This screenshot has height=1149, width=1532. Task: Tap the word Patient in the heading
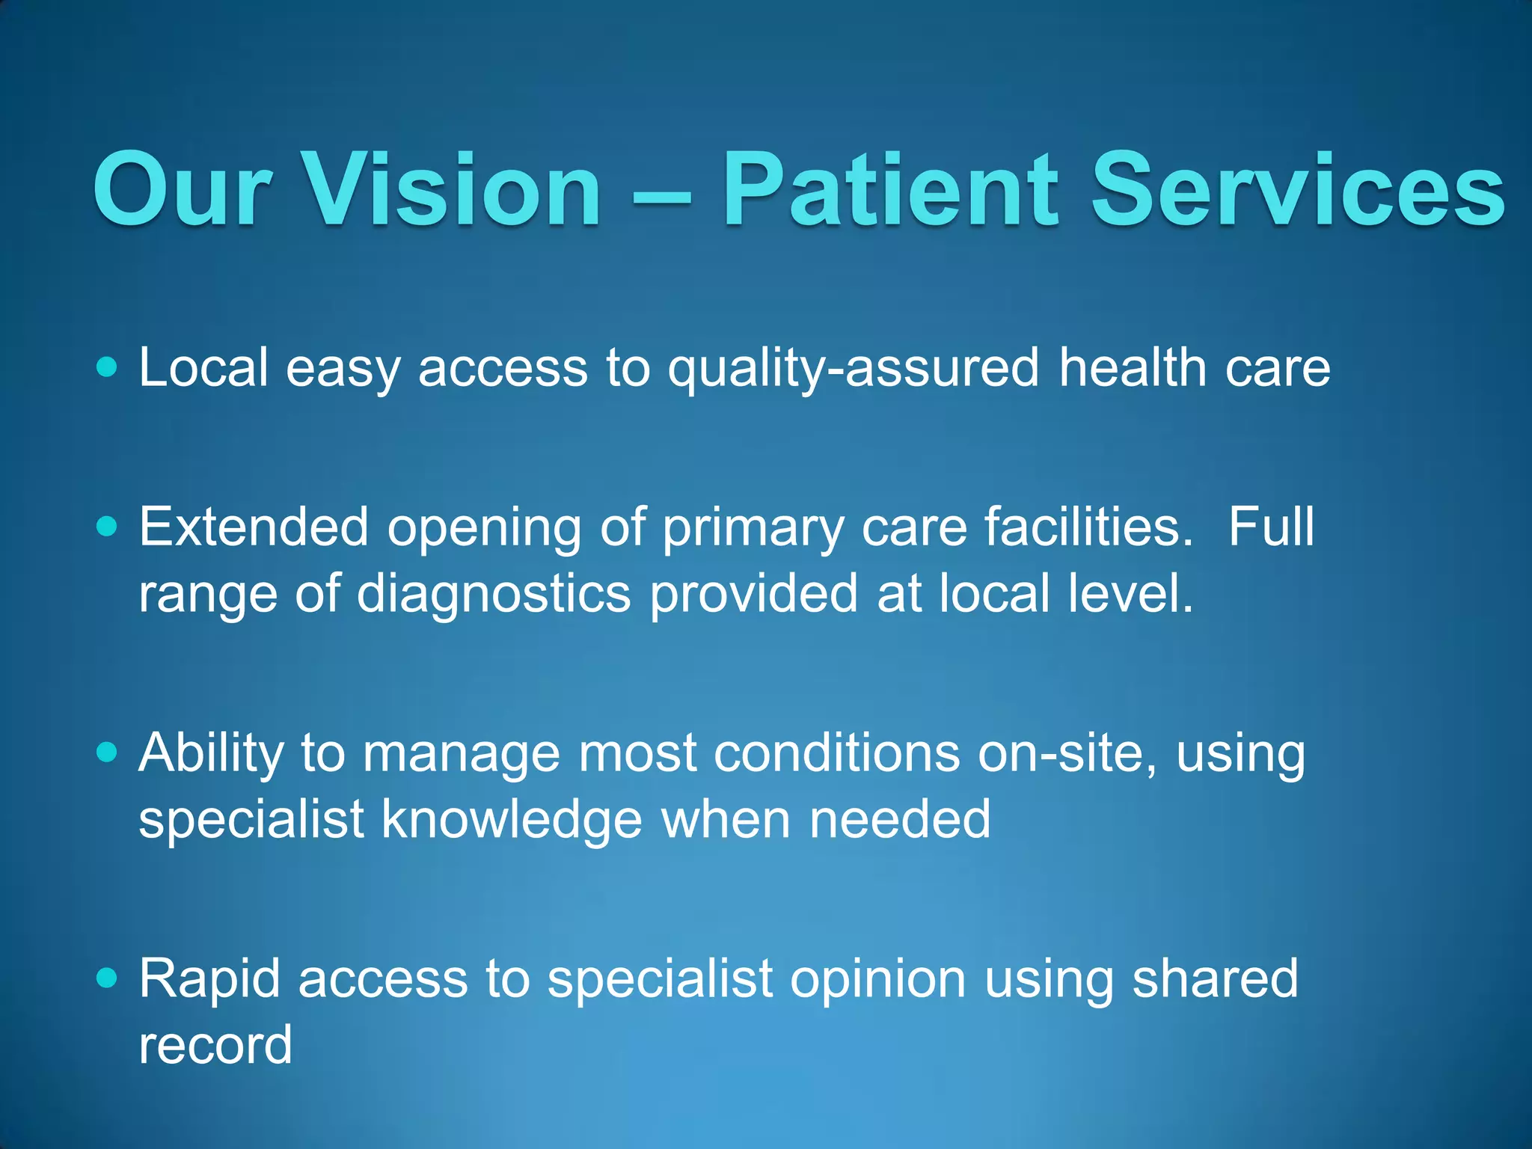click(890, 189)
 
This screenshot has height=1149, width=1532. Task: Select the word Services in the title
click(1298, 189)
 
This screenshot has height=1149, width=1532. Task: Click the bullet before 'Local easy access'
click(108, 367)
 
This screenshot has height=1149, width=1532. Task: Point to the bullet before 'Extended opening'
click(108, 527)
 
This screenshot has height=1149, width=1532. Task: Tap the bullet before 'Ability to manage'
click(108, 752)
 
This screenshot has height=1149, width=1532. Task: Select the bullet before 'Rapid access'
click(108, 978)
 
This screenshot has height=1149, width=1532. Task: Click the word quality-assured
click(853, 369)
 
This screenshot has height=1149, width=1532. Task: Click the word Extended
click(254, 527)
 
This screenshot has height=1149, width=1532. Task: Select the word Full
click(1271, 527)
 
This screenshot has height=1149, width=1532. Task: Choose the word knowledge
click(512, 819)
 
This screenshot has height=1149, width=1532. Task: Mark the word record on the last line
click(215, 1045)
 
